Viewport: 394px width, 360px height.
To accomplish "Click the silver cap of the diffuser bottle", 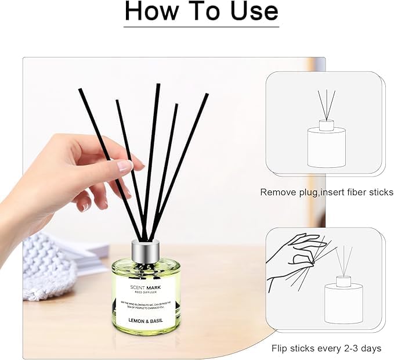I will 146,250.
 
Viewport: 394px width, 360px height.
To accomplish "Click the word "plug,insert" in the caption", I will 322,192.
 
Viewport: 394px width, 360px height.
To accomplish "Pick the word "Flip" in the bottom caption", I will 282,348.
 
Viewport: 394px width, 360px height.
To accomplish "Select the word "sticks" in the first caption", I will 379,192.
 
